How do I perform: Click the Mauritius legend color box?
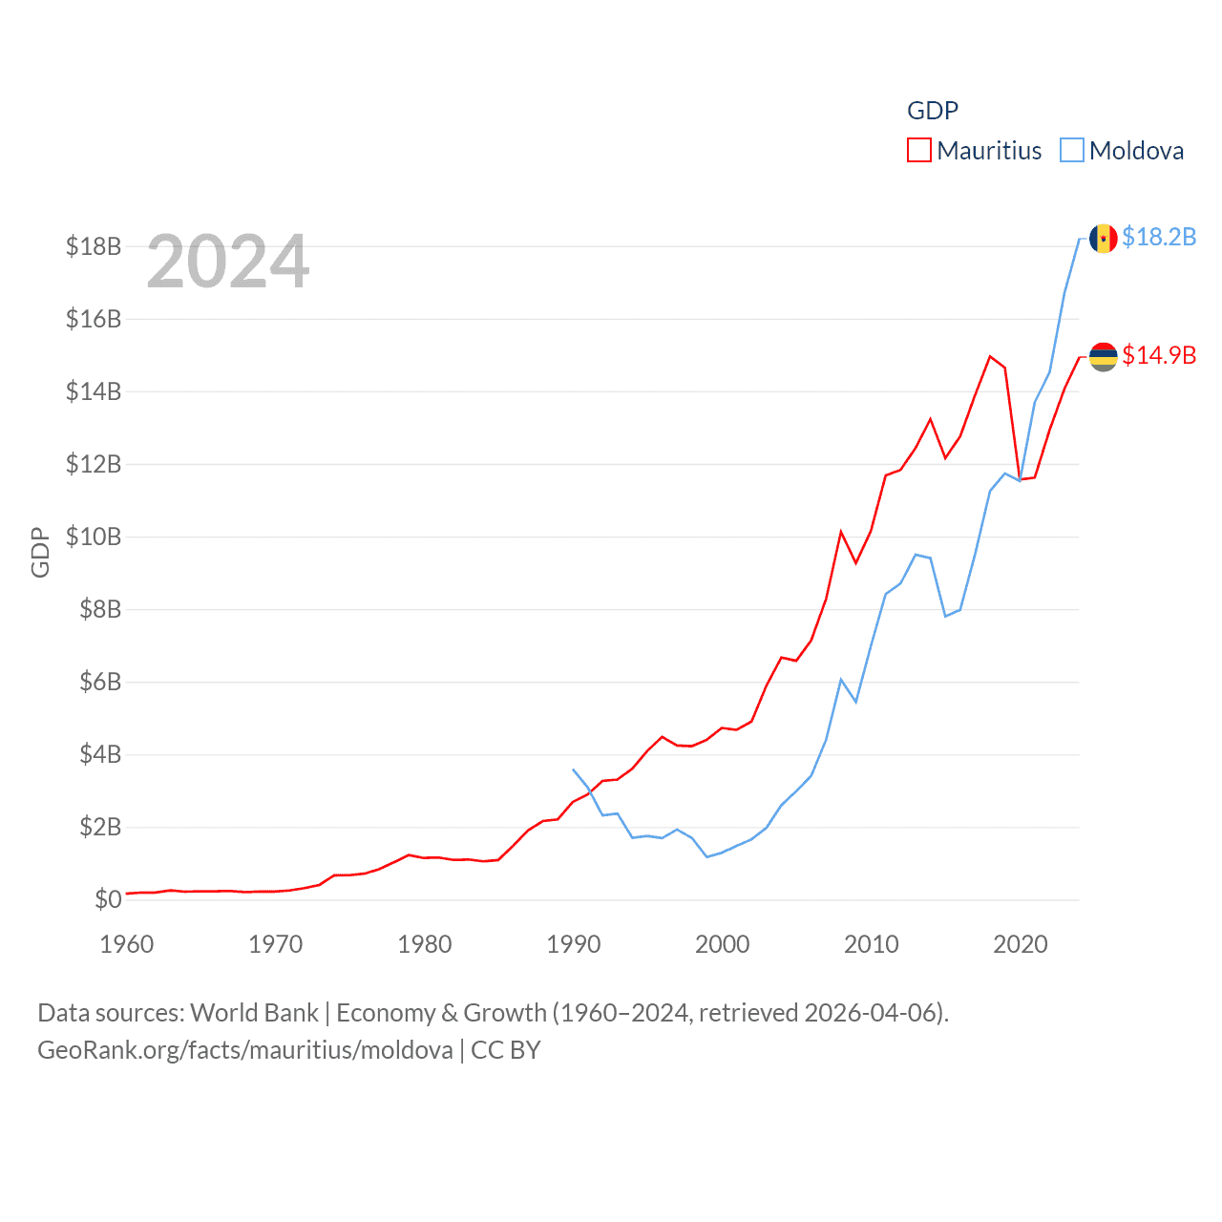pyautogui.click(x=918, y=151)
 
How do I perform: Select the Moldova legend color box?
pyautogui.click(x=1072, y=151)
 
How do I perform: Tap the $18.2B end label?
pyautogui.click(x=1159, y=237)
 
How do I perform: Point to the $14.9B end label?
pyautogui.click(x=1159, y=355)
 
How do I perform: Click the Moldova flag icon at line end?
pyautogui.click(x=1104, y=239)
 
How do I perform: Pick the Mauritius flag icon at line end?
pyautogui.click(x=1104, y=357)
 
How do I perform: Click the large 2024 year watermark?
pyautogui.click(x=228, y=262)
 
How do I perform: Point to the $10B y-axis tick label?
pyautogui.click(x=94, y=537)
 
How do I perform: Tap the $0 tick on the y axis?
pyautogui.click(x=108, y=899)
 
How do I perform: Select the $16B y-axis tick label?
pyautogui.click(x=94, y=319)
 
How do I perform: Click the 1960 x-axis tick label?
pyautogui.click(x=127, y=944)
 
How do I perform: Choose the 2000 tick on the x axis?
pyautogui.click(x=723, y=944)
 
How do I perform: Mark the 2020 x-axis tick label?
pyautogui.click(x=1021, y=944)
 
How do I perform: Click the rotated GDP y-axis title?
pyautogui.click(x=40, y=552)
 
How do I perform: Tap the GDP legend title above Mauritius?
pyautogui.click(x=933, y=111)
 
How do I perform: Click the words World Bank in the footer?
pyautogui.click(x=255, y=1013)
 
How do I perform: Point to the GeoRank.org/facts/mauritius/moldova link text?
pyautogui.click(x=245, y=1050)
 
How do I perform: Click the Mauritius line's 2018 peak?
pyautogui.click(x=990, y=356)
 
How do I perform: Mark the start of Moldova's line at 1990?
pyautogui.click(x=573, y=769)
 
